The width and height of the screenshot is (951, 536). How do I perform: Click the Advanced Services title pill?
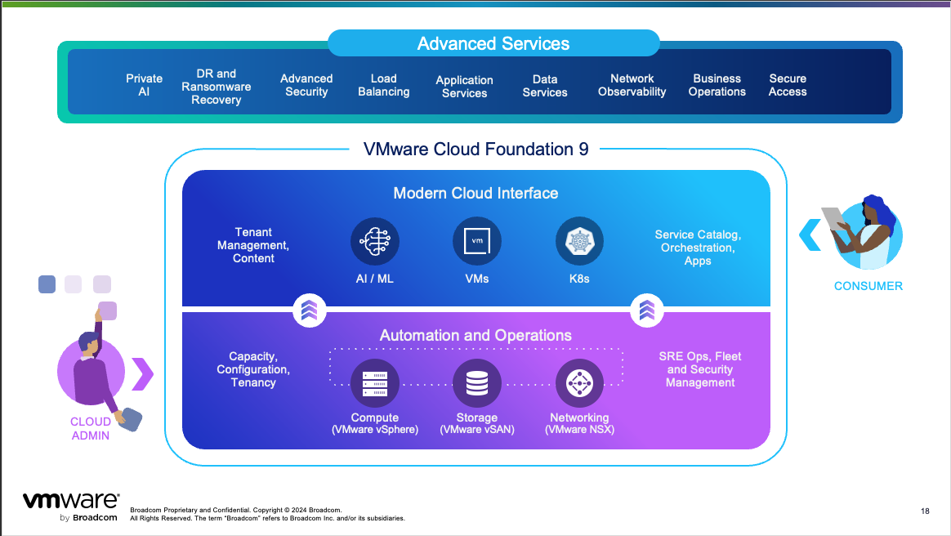coord(493,43)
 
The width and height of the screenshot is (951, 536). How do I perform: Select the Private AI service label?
coord(144,85)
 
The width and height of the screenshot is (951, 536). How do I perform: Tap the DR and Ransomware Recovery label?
coord(217,87)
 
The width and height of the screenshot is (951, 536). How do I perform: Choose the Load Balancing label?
coord(383,85)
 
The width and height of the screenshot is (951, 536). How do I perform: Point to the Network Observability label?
coord(632,85)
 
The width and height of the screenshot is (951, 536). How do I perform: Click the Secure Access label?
coord(788,85)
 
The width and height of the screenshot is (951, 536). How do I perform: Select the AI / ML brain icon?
coord(375,242)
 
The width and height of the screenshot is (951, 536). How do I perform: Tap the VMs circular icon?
coord(476,242)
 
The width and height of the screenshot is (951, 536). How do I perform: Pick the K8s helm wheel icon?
coord(579,242)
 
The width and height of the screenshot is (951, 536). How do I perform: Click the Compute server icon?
coord(375,383)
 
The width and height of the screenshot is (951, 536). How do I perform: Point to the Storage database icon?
coord(476,383)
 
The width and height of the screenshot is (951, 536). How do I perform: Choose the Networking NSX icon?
coord(579,383)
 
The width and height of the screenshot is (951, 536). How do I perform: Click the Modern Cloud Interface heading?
coord(475,194)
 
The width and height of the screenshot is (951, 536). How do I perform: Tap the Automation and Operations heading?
coord(475,336)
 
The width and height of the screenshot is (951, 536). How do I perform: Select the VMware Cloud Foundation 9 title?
coord(475,150)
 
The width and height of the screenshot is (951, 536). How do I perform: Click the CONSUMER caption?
coord(868,286)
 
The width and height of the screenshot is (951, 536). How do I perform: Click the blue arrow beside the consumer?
coord(810,234)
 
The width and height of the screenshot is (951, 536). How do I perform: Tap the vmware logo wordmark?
coord(70,501)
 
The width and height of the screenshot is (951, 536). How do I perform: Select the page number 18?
coord(925,511)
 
